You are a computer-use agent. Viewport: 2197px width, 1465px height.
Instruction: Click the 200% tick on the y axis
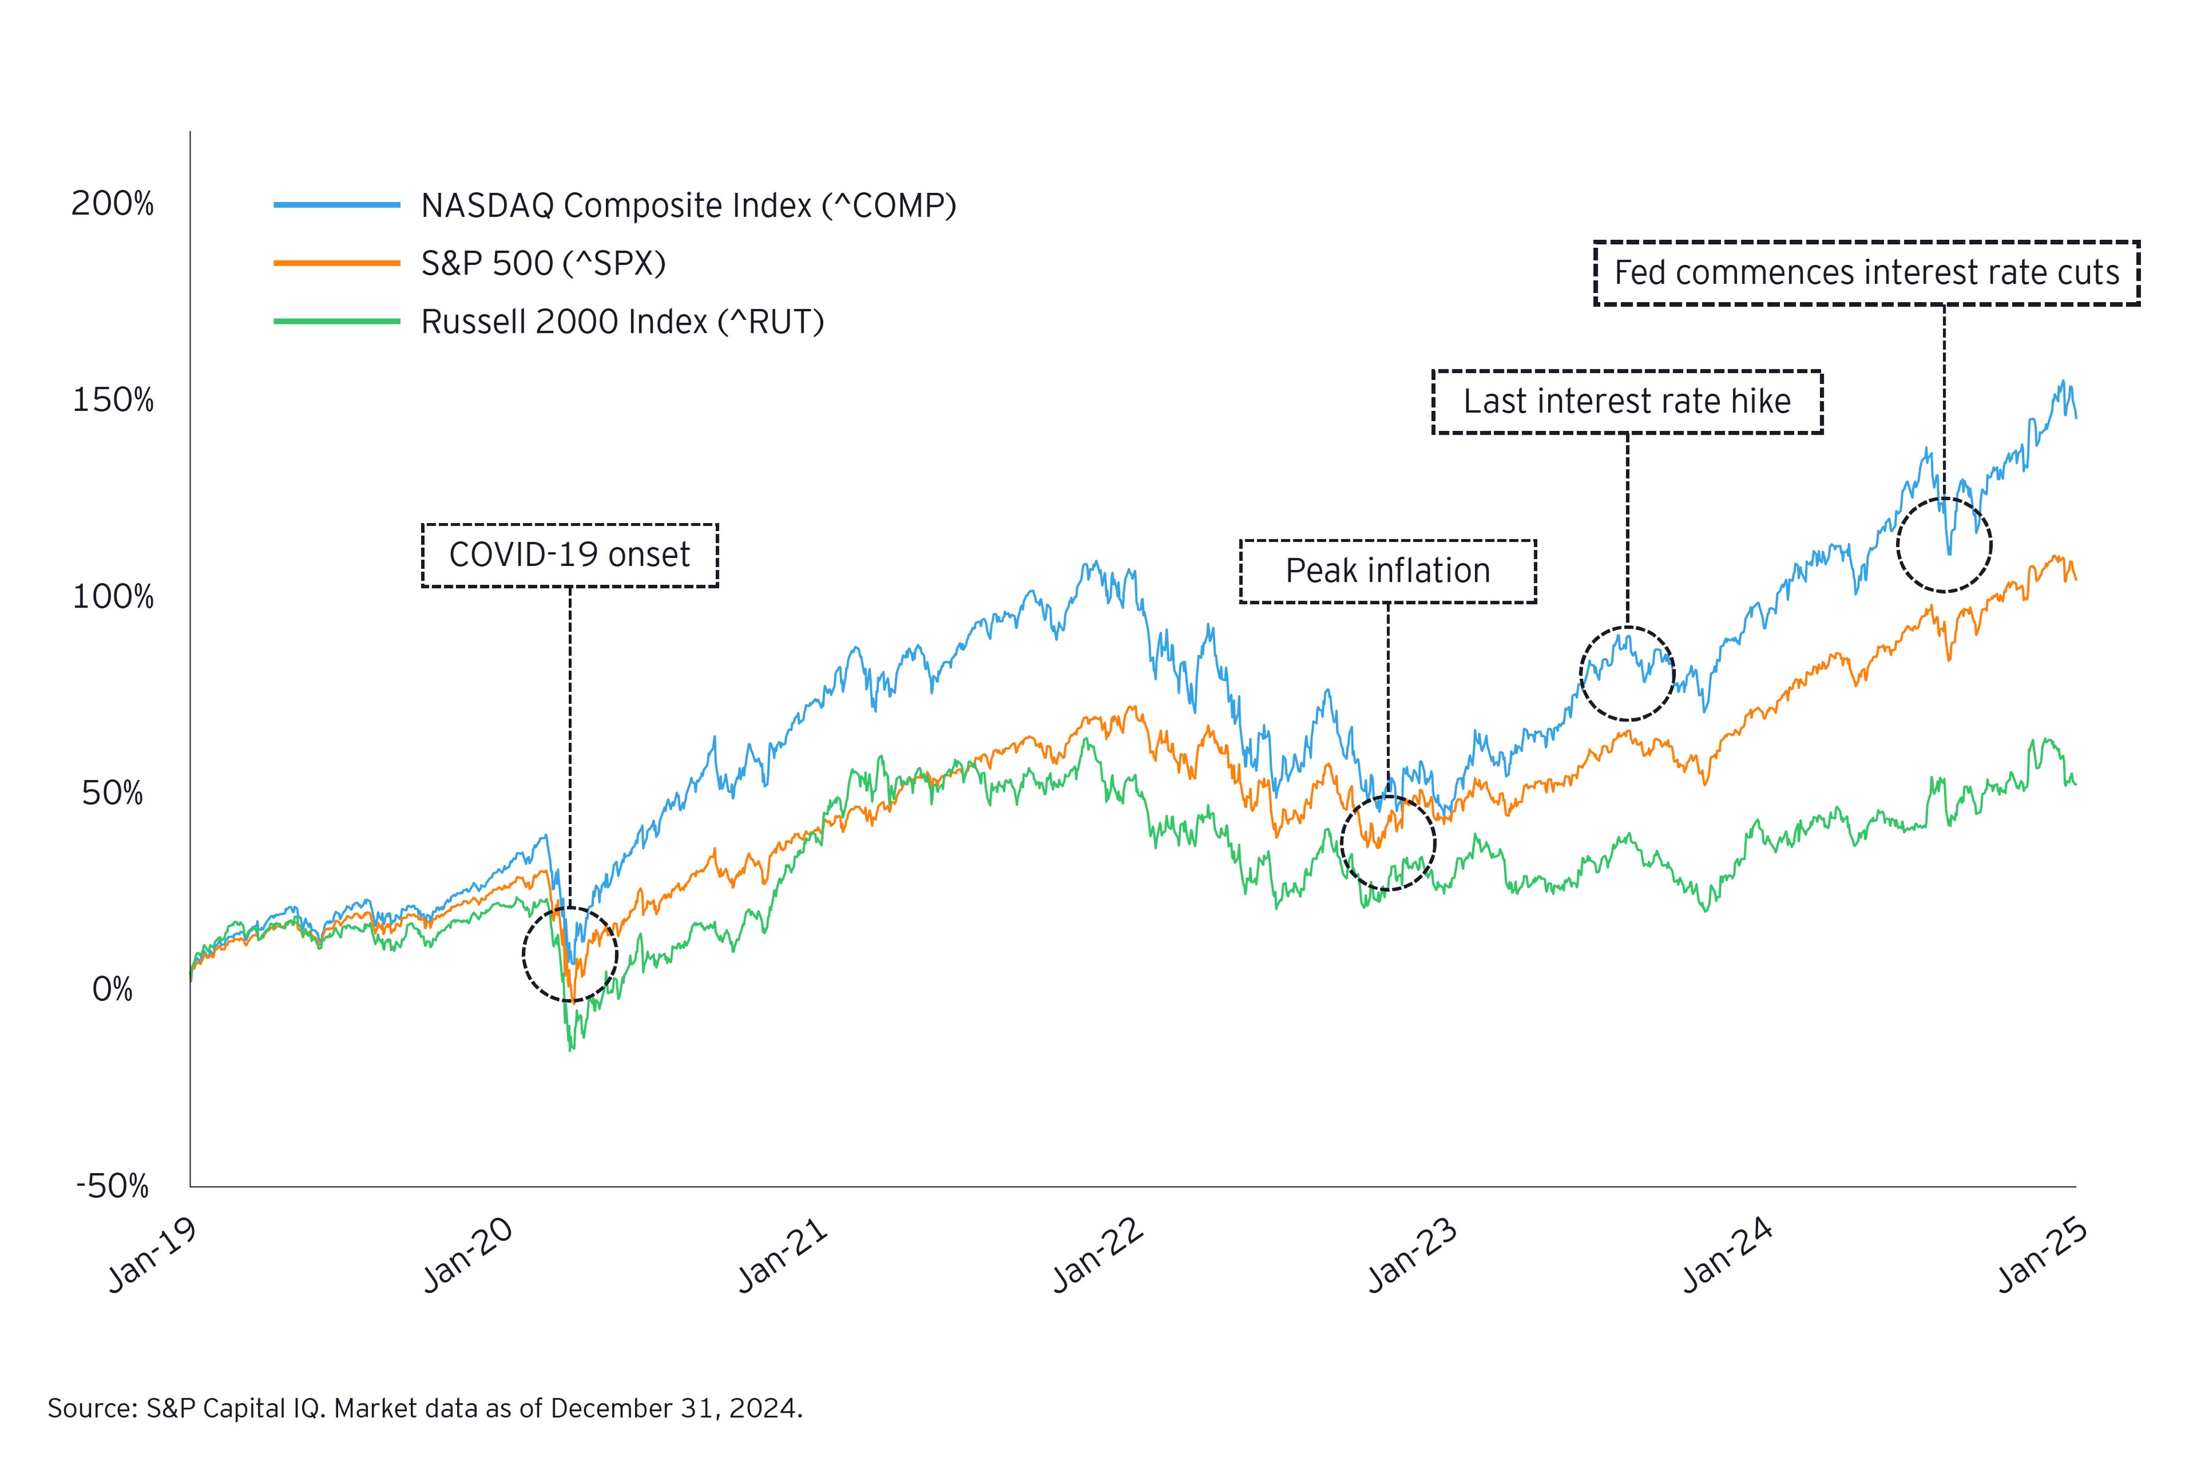tap(112, 204)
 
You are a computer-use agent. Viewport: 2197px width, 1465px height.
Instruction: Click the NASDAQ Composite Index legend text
tap(688, 206)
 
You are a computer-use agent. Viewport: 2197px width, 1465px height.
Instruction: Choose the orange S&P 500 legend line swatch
tap(336, 264)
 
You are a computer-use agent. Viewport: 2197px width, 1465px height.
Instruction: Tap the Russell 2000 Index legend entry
tap(622, 322)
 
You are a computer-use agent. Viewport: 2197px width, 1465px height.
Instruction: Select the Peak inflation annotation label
tap(1387, 571)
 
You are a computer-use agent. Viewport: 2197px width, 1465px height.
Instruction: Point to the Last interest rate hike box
tap(1626, 402)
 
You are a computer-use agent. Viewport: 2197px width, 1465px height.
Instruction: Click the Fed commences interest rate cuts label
tap(1866, 273)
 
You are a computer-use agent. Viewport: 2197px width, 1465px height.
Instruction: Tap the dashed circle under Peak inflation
tap(1387, 843)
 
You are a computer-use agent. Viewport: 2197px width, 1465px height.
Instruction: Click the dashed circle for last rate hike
tap(1626, 673)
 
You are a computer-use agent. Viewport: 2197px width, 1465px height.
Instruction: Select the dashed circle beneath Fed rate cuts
tap(1944, 544)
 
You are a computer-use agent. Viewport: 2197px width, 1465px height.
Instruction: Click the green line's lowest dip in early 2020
tap(572, 1050)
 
